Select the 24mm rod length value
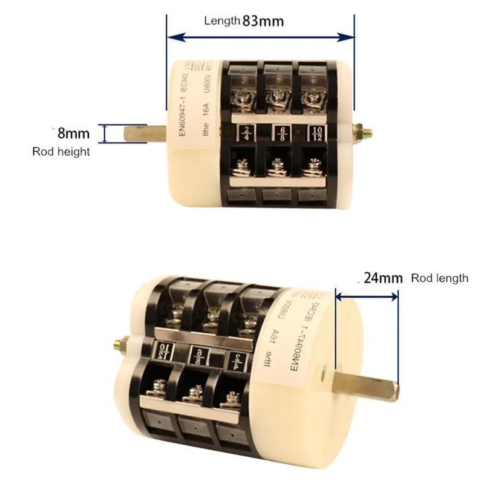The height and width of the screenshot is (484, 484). pyautogui.click(x=384, y=278)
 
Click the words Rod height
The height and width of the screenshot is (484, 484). pyautogui.click(x=60, y=151)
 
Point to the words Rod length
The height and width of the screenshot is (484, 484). pyautogui.click(x=439, y=278)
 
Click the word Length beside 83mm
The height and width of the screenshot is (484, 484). pyautogui.click(x=222, y=21)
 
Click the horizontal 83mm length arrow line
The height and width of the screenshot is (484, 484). pyautogui.click(x=260, y=38)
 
